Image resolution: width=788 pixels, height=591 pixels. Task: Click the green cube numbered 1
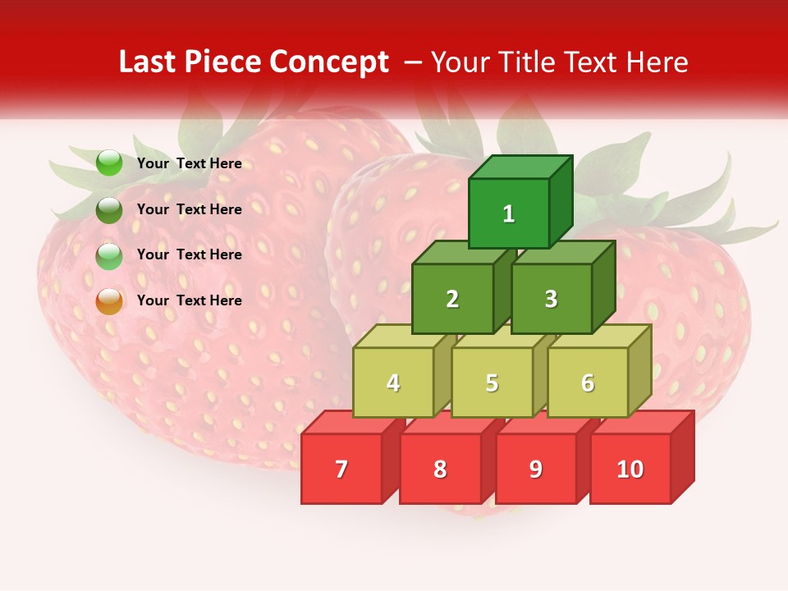tap(509, 213)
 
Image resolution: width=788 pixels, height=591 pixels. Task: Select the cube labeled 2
tap(452, 299)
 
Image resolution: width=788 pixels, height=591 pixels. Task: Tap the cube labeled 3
tap(551, 299)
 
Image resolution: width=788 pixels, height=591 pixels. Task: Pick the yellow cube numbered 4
tap(393, 383)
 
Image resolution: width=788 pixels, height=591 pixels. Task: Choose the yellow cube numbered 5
tap(492, 383)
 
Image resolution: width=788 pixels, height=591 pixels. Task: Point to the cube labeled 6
tap(588, 383)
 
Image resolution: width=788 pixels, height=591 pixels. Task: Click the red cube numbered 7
tap(341, 469)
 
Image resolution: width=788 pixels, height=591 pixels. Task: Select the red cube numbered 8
tap(440, 469)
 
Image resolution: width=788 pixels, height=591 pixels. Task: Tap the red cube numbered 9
tap(535, 469)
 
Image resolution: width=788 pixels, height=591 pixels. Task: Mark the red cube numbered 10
tap(630, 469)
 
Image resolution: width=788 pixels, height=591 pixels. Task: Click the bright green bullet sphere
tap(109, 163)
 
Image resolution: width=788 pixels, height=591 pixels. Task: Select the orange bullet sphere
tap(109, 301)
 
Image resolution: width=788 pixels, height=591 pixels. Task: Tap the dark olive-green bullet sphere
tap(109, 210)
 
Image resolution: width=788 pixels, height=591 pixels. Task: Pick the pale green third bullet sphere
tap(109, 256)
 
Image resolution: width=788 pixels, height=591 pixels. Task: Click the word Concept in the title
tap(329, 62)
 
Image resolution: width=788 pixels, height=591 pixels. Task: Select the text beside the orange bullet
tap(190, 300)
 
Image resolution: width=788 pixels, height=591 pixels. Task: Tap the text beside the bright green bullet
tap(190, 163)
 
